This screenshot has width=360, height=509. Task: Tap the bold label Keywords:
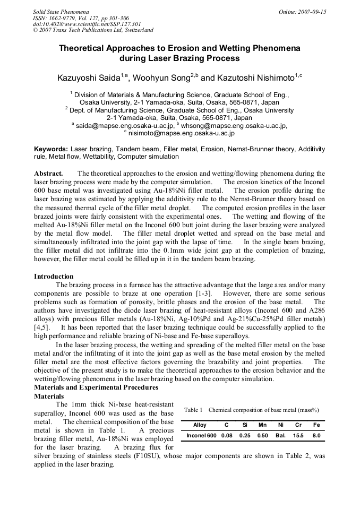(x=51, y=150)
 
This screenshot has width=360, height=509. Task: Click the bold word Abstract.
(x=48, y=174)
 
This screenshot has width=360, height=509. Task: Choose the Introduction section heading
(x=54, y=277)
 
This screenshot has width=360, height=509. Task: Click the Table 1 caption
(x=251, y=410)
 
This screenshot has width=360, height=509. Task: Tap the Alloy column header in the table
(x=200, y=425)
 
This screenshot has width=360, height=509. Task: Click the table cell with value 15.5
(x=298, y=436)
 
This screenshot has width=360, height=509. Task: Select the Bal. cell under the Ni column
(x=280, y=436)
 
